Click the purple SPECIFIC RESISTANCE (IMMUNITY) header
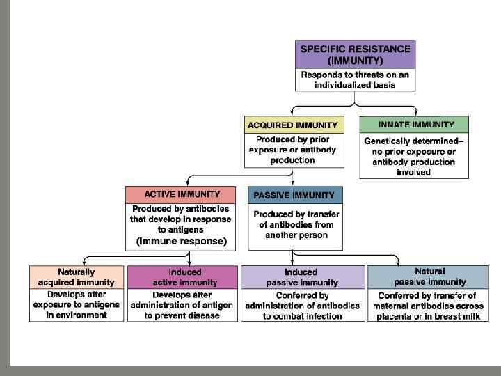click(355, 55)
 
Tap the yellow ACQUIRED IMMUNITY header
click(294, 125)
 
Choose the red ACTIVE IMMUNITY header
click(182, 194)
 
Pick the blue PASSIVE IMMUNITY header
click(294, 196)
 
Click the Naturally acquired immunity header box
click(77, 277)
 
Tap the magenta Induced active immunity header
click(184, 277)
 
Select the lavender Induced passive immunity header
click(301, 277)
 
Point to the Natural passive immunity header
click(429, 276)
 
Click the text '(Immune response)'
click(182, 242)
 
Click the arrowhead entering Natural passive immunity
click(397, 263)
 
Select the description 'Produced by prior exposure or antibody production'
click(293, 150)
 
